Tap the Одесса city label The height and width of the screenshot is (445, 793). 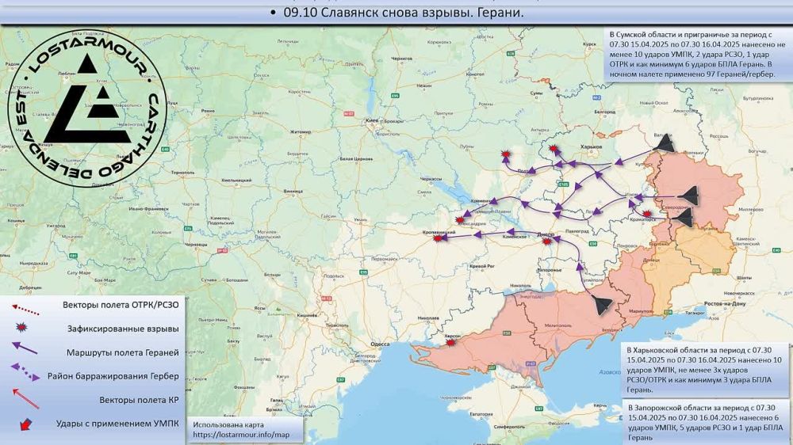pyautogui.click(x=381, y=344)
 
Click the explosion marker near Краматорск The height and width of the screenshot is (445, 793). pyautogui.click(x=647, y=213)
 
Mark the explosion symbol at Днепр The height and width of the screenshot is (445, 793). pyautogui.click(x=547, y=240)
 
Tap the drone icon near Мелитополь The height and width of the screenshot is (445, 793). pyautogui.click(x=600, y=304)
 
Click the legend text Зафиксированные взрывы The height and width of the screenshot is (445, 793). pyautogui.click(x=121, y=329)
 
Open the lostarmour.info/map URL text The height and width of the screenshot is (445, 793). pyautogui.click(x=236, y=435)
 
